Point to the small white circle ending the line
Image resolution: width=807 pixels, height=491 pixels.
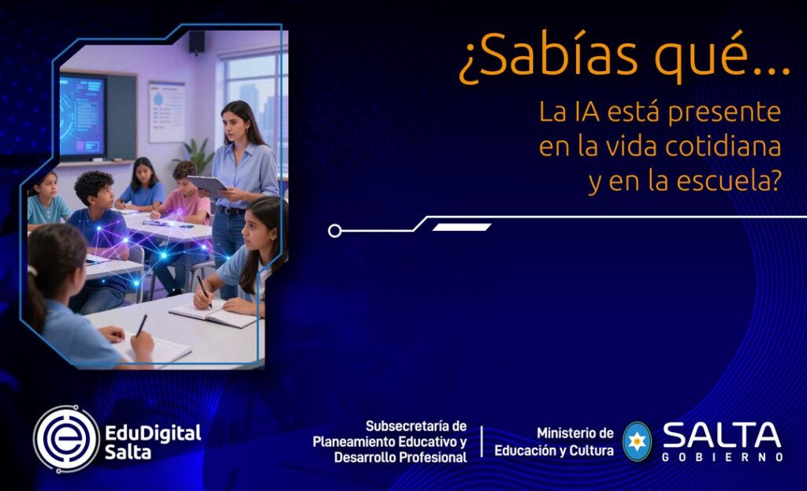(334, 231)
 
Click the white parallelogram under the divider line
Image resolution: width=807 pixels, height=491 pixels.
(462, 227)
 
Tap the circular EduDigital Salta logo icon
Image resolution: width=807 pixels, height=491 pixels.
(66, 439)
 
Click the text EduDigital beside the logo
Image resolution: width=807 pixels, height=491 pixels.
(153, 433)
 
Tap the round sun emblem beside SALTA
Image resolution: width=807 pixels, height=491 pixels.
(637, 441)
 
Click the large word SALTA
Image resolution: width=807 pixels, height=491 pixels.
(722, 435)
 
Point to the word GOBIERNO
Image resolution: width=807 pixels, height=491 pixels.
(723, 457)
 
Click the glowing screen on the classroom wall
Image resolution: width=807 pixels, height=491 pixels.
(82, 115)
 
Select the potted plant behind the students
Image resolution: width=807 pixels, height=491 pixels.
(197, 154)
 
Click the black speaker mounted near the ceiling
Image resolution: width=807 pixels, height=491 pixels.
(196, 43)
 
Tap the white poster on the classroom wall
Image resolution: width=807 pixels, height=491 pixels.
(167, 112)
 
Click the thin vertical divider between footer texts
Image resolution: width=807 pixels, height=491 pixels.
(482, 441)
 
